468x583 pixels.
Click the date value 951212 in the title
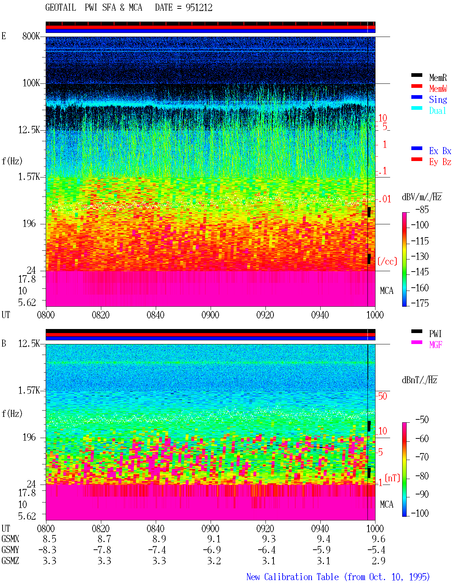[x=199, y=8]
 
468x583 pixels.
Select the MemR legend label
[x=438, y=78]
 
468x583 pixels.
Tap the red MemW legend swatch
[x=416, y=86]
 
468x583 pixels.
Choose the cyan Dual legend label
[x=438, y=111]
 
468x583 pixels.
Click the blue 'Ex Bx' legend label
[x=440, y=151]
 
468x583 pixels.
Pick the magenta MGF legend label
[x=435, y=345]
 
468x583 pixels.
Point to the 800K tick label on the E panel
[x=31, y=36]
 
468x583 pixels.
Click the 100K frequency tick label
[x=31, y=83]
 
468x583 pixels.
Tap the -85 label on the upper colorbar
[x=422, y=210]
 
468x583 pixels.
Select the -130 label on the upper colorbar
[x=420, y=256]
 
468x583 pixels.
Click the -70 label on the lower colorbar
[x=422, y=457]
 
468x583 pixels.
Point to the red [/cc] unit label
[x=387, y=261]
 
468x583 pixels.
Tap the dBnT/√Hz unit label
[x=419, y=380]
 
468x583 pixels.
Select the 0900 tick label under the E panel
[x=210, y=315]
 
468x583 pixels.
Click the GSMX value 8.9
[x=159, y=539]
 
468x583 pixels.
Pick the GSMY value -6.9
[x=212, y=550]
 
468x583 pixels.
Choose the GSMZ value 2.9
[x=378, y=561]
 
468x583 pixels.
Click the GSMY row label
[x=10, y=550]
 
